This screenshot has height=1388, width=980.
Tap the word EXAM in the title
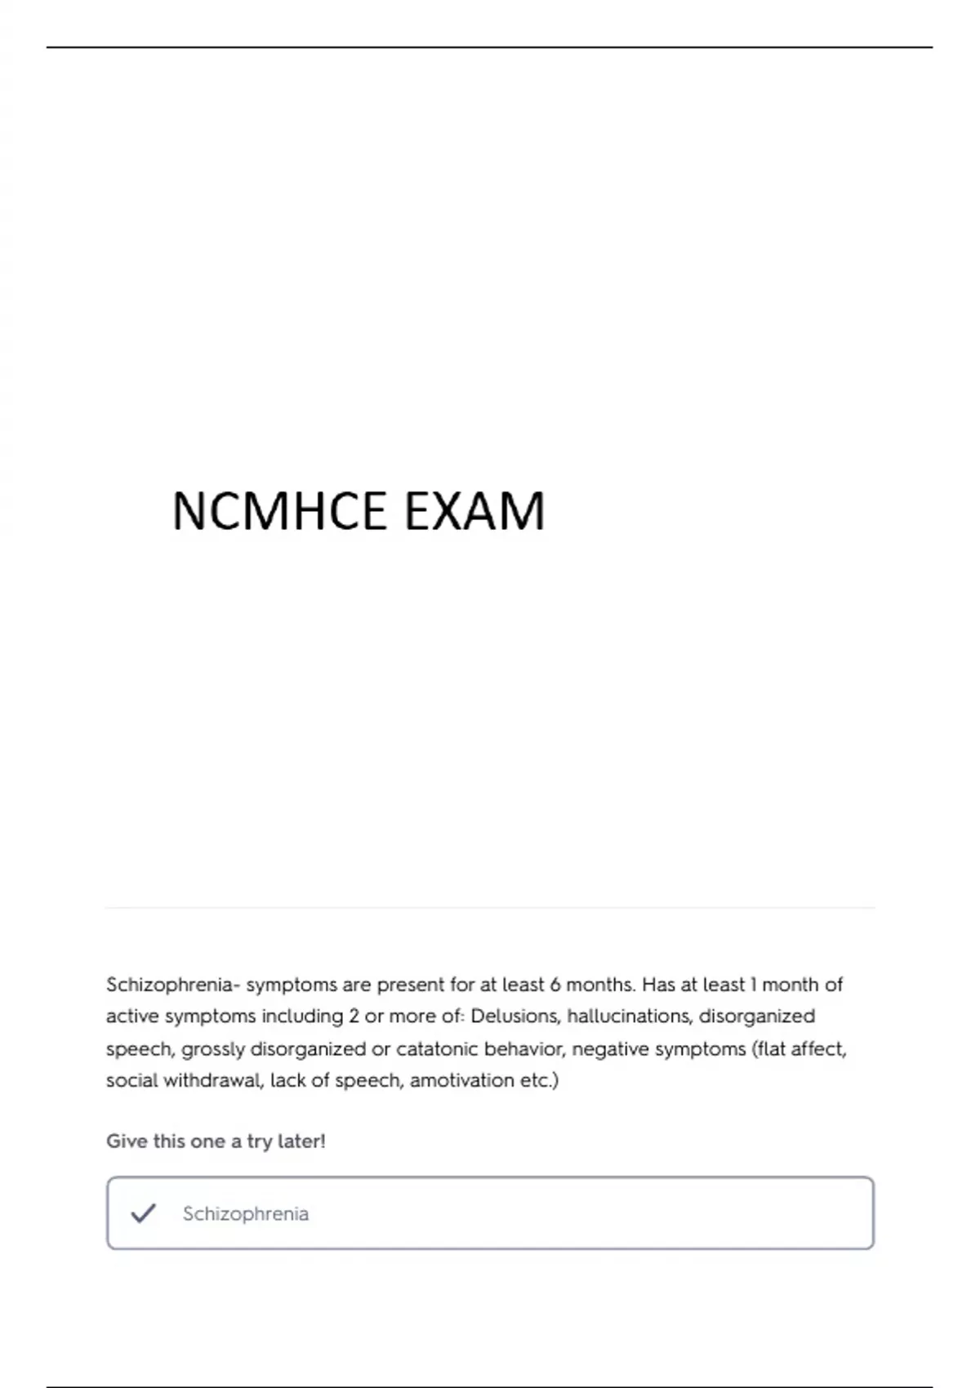pyautogui.click(x=474, y=512)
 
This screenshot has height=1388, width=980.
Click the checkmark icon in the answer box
pyautogui.click(x=143, y=1213)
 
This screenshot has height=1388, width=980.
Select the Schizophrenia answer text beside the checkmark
pyautogui.click(x=246, y=1214)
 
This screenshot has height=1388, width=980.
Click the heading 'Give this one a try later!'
pyautogui.click(x=216, y=1141)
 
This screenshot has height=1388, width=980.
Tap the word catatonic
pyautogui.click(x=437, y=1048)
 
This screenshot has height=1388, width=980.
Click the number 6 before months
pyautogui.click(x=555, y=985)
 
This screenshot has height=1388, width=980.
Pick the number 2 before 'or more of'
pyautogui.click(x=354, y=1017)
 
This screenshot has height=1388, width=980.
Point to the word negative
pyautogui.click(x=609, y=1048)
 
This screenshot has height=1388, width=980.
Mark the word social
pyautogui.click(x=131, y=1080)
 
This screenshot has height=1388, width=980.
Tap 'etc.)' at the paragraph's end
pyautogui.click(x=540, y=1080)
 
